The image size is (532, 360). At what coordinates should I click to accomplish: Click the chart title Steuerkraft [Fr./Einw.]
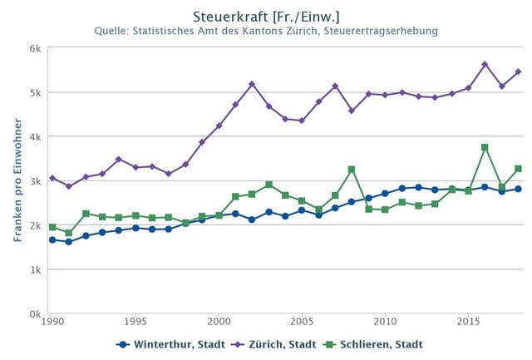[x=266, y=17]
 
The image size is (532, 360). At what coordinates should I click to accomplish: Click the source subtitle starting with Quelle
[x=266, y=32]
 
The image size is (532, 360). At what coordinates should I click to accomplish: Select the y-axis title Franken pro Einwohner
[x=17, y=180]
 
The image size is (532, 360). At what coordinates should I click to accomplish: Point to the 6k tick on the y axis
[x=36, y=48]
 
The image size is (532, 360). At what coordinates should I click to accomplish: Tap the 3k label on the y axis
[x=36, y=181]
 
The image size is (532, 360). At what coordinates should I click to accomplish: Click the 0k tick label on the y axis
[x=36, y=314]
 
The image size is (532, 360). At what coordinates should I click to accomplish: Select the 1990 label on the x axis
[x=52, y=321]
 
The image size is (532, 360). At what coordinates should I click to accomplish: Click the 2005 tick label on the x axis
[x=302, y=321]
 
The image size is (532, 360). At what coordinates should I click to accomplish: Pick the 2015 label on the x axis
[x=468, y=321]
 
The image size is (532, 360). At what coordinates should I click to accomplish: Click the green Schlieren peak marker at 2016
[x=485, y=147]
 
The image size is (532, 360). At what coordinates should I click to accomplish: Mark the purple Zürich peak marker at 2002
[x=252, y=84]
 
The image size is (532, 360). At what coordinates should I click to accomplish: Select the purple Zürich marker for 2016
[x=485, y=64]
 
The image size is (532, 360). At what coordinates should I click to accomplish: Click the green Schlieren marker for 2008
[x=352, y=170]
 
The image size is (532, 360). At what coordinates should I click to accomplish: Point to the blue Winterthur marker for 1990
[x=52, y=239]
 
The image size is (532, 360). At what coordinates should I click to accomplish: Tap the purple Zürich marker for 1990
[x=52, y=178]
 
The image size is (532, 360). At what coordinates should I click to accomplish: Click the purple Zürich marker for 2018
[x=518, y=72]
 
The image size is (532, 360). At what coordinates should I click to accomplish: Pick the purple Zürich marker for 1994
[x=119, y=159]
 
